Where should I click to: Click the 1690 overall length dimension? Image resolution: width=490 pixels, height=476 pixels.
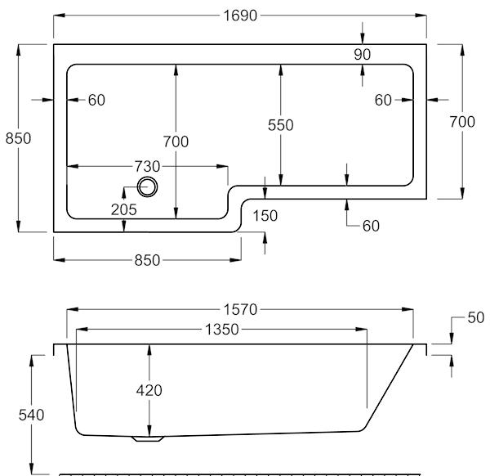[x=240, y=16]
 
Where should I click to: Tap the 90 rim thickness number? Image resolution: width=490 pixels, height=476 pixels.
[x=363, y=55]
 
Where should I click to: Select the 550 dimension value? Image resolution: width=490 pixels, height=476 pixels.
[x=281, y=125]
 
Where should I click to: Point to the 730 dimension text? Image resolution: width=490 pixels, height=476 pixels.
[x=147, y=166]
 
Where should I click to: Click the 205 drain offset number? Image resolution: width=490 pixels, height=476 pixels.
[x=124, y=209]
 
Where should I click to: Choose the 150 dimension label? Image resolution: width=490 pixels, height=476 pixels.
[x=265, y=216]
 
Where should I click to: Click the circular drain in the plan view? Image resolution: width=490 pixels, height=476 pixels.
[x=147, y=187]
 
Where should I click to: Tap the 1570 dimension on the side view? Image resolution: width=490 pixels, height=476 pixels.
[x=240, y=310]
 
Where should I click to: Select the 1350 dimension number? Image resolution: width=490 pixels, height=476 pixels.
[x=221, y=330]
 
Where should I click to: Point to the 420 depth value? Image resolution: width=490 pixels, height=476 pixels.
[x=149, y=390]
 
